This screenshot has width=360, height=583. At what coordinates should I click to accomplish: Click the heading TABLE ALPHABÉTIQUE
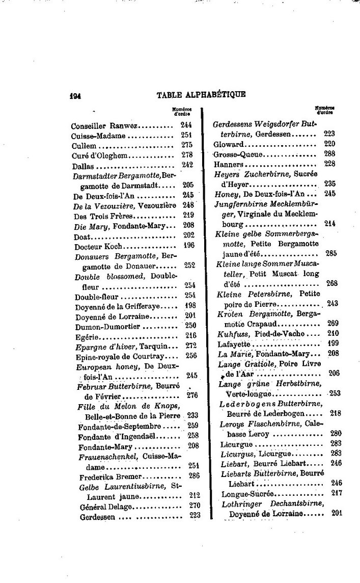(x=201, y=94)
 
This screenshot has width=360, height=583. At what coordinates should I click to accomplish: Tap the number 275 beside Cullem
(x=186, y=145)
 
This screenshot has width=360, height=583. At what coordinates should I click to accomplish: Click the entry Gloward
(x=227, y=144)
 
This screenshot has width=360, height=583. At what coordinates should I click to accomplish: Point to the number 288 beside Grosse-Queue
(x=329, y=153)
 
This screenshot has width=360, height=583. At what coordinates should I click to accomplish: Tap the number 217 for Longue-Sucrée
(x=336, y=493)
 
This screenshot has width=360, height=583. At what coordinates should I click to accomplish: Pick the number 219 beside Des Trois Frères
(x=188, y=215)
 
